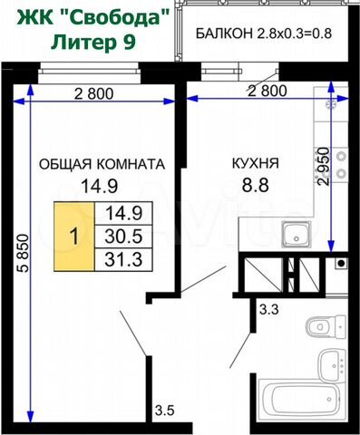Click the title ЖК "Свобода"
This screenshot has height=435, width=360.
(x=92, y=19)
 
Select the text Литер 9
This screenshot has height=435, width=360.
(x=93, y=42)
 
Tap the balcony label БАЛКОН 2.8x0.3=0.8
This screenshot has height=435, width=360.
(x=264, y=34)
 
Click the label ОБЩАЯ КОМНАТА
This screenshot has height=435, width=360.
(x=102, y=164)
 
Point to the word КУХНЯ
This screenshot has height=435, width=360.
(x=256, y=163)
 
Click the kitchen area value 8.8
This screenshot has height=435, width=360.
(x=256, y=185)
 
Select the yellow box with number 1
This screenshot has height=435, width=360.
(x=74, y=237)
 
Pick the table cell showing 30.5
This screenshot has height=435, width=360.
(x=123, y=237)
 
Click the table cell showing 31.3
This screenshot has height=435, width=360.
(x=123, y=259)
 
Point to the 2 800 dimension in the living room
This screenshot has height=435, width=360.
(x=94, y=93)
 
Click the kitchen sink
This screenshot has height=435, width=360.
(x=297, y=235)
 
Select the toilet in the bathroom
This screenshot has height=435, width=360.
(x=326, y=326)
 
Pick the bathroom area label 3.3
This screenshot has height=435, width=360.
(x=269, y=310)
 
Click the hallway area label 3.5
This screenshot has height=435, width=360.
(x=165, y=411)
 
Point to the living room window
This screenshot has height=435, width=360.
(x=90, y=72)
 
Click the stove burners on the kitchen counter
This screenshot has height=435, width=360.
(x=341, y=165)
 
